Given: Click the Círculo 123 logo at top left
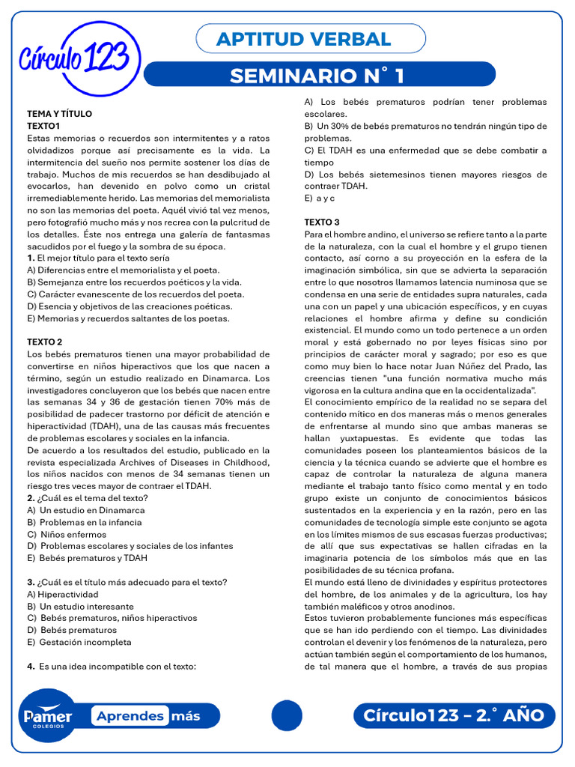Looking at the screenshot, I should pyautogui.click(x=79, y=58).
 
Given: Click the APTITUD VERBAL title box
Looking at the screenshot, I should pyautogui.click(x=310, y=39).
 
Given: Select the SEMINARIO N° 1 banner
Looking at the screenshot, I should pyautogui.click(x=318, y=75).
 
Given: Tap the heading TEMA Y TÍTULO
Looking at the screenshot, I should pyautogui.click(x=59, y=114).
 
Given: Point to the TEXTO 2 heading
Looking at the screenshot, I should pyautogui.click(x=44, y=342).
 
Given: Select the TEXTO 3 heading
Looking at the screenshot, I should pyautogui.click(x=322, y=222).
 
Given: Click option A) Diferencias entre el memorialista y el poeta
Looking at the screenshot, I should pyautogui.click(x=123, y=270).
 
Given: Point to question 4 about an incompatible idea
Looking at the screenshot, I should pyautogui.click(x=112, y=666).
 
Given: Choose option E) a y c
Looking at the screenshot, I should pyautogui.click(x=321, y=198).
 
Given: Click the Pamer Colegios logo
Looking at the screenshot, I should pyautogui.click(x=46, y=715).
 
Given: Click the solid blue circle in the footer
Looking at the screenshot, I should pyautogui.click(x=286, y=715).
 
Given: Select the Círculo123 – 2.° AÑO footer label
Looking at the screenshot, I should pyautogui.click(x=454, y=715).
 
